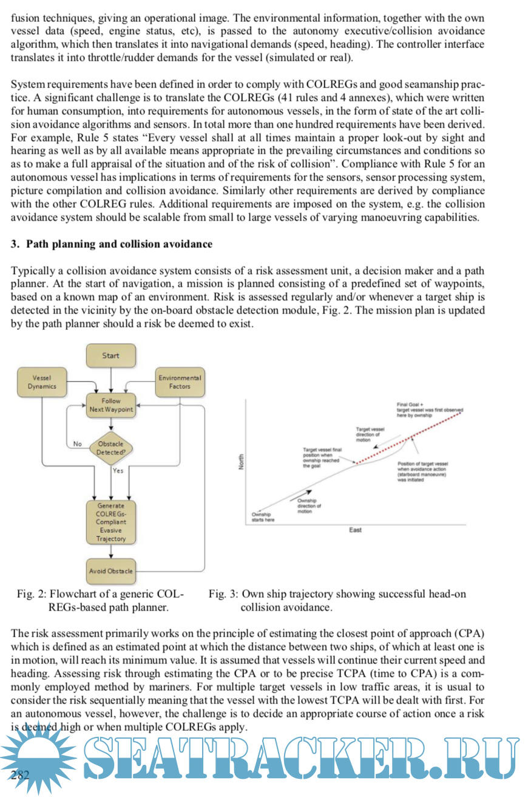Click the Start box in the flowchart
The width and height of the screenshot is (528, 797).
(110, 355)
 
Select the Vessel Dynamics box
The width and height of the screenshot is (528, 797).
(42, 382)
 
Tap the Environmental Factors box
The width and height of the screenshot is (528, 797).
(180, 382)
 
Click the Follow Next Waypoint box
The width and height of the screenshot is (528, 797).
(111, 405)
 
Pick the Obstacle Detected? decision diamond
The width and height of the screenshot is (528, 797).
(111, 448)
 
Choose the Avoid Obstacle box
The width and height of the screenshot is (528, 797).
(111, 571)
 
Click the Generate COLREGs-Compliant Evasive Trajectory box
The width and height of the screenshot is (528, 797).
(111, 522)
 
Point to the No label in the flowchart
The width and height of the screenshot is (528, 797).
(78, 444)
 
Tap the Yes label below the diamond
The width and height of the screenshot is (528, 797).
(118, 471)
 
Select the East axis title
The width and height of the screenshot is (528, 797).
(356, 530)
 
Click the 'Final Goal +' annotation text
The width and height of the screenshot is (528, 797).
(410, 404)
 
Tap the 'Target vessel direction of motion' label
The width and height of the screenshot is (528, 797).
(368, 434)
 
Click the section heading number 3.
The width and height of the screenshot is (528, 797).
(15, 244)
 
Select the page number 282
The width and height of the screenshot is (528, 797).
(20, 774)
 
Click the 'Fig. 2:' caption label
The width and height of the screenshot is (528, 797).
(33, 594)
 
